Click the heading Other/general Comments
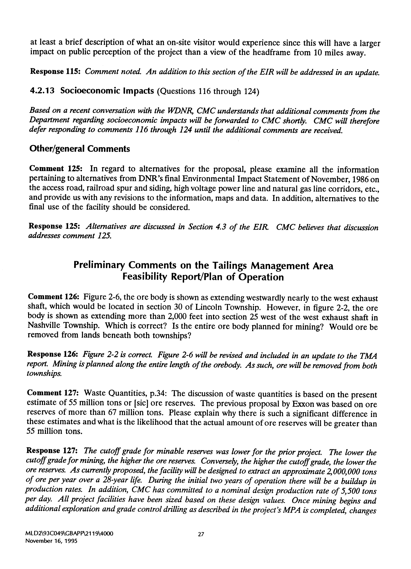click(x=80, y=149)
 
